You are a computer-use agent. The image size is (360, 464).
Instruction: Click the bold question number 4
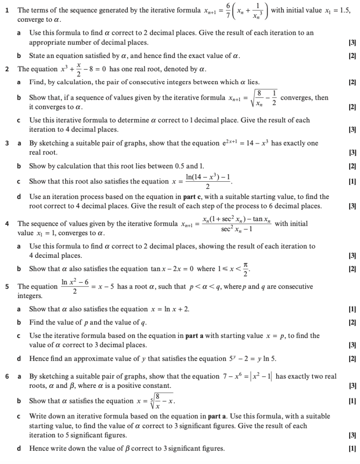coord(7,224)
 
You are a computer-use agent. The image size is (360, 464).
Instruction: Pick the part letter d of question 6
coord(19,449)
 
